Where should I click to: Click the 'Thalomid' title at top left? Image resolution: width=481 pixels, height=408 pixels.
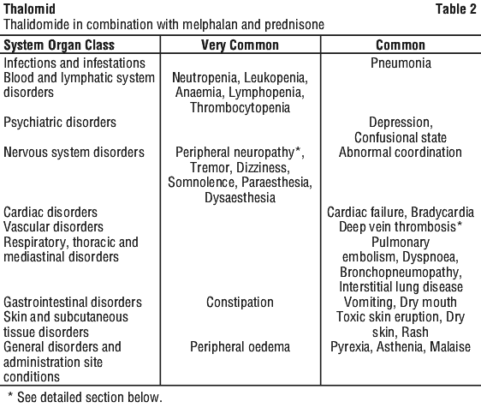pyautogui.click(x=29, y=9)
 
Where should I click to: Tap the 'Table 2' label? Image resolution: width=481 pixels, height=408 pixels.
pyautogui.click(x=456, y=9)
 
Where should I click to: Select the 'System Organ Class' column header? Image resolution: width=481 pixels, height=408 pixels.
pyautogui.click(x=59, y=45)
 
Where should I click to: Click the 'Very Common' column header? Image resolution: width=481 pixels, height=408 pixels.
pyautogui.click(x=240, y=45)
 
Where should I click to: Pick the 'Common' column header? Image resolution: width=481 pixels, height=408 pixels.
pyautogui.click(x=401, y=45)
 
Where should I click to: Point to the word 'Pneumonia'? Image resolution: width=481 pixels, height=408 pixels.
pyautogui.click(x=401, y=63)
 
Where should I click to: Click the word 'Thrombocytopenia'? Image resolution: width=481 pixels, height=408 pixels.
pyautogui.click(x=240, y=108)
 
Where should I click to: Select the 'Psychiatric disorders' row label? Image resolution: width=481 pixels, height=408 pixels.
pyautogui.click(x=60, y=123)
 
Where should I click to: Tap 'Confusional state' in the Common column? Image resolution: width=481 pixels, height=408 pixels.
pyautogui.click(x=401, y=137)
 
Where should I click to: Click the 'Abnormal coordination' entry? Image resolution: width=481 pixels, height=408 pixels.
pyautogui.click(x=401, y=152)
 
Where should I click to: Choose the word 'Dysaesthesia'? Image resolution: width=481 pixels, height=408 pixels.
pyautogui.click(x=240, y=197)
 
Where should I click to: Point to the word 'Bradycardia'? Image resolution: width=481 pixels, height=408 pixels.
pyautogui.click(x=442, y=213)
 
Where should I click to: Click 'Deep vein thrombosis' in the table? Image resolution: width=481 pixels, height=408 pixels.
pyautogui.click(x=398, y=227)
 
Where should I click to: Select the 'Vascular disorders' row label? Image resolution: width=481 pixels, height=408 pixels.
pyautogui.click(x=53, y=227)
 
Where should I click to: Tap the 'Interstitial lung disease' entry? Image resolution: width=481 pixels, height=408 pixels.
pyautogui.click(x=401, y=287)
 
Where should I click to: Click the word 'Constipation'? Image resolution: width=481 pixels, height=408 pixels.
pyautogui.click(x=240, y=303)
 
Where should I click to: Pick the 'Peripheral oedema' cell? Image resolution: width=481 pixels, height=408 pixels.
pyautogui.click(x=240, y=347)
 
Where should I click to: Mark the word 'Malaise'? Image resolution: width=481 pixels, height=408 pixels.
pyautogui.click(x=450, y=347)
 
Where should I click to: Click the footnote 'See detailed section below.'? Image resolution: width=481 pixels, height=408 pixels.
pyautogui.click(x=90, y=397)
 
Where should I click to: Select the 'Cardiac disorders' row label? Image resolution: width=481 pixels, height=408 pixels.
pyautogui.click(x=50, y=213)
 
